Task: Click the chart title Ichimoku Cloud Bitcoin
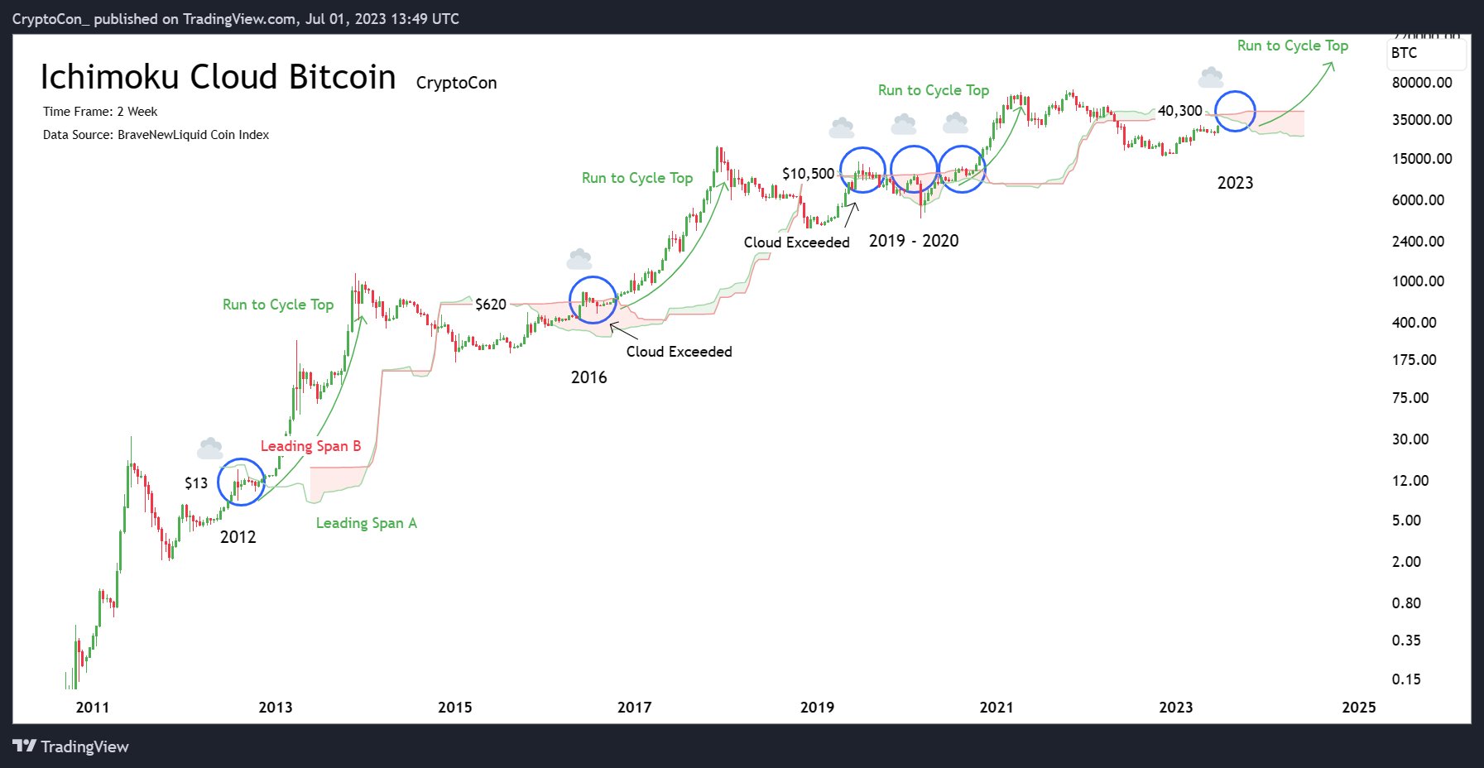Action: click(x=218, y=77)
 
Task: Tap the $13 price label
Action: click(x=196, y=483)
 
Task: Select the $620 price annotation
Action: click(x=490, y=305)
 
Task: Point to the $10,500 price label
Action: click(x=808, y=174)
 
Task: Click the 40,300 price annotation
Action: click(x=1179, y=111)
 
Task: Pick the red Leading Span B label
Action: click(x=310, y=446)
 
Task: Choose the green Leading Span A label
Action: click(x=366, y=523)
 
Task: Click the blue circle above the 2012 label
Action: click(x=241, y=482)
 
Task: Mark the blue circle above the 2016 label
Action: click(x=593, y=300)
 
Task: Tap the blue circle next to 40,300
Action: click(x=1235, y=111)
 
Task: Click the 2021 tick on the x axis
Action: click(x=996, y=707)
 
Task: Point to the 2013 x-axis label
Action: click(x=275, y=707)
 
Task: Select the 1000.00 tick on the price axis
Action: click(x=1418, y=281)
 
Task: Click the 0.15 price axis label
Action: click(x=1405, y=679)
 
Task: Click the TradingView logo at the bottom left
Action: click(x=71, y=746)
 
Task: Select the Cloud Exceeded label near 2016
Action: click(x=679, y=352)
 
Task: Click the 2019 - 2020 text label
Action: click(x=914, y=241)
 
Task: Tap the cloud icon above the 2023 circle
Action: click(x=1211, y=79)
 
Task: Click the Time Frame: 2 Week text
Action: click(x=100, y=112)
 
